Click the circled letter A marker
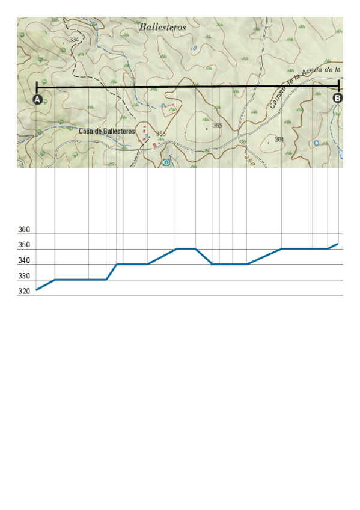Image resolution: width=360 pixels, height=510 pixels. (x=37, y=99)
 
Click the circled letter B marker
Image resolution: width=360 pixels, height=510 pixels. (x=338, y=97)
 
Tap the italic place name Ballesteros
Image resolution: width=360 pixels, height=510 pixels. (x=162, y=27)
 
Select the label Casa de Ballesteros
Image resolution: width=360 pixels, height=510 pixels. (x=106, y=131)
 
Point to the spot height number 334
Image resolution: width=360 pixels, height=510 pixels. (x=75, y=39)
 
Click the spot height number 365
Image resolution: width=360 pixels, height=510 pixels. (x=218, y=126)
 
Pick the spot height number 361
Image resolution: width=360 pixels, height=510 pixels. (x=279, y=140)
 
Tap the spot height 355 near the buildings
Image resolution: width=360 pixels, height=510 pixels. (x=160, y=134)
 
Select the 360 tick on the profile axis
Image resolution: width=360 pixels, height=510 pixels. (x=25, y=230)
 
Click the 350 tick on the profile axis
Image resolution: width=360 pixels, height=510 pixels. (x=25, y=245)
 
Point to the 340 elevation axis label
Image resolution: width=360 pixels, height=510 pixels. (x=25, y=261)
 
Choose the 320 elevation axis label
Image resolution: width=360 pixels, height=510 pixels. (x=25, y=292)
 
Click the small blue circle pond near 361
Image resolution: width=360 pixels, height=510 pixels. (x=316, y=143)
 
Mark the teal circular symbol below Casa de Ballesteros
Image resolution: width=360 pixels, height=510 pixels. (x=166, y=162)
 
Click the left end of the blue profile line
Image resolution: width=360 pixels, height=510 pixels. (x=37, y=290)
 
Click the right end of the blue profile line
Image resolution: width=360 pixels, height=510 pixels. (x=338, y=244)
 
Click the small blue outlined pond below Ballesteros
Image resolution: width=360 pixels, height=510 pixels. (x=194, y=48)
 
